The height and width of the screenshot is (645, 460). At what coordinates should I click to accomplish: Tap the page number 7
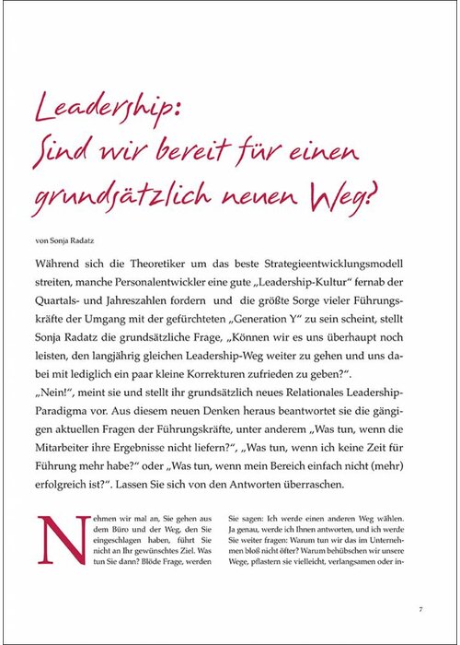point(420,609)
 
